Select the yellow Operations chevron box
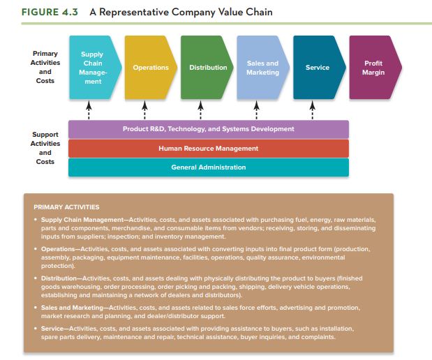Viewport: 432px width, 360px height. (x=149, y=68)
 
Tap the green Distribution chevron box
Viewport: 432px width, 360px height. (x=207, y=68)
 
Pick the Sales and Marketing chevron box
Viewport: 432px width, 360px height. (x=262, y=68)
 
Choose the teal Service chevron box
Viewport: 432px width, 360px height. (x=318, y=68)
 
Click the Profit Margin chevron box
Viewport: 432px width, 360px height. (x=373, y=68)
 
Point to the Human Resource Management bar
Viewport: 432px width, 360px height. (x=208, y=148)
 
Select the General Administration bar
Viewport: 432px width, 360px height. (x=208, y=167)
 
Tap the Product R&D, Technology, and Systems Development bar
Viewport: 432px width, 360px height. (x=208, y=129)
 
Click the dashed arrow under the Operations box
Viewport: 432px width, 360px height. (x=144, y=110)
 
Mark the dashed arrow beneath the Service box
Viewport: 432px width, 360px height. (x=313, y=110)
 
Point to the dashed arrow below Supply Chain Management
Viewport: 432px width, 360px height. (x=89, y=110)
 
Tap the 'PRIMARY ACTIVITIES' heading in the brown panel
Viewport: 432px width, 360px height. (x=66, y=207)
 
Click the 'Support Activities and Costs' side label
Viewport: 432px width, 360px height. (x=45, y=148)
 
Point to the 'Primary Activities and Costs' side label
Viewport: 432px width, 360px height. (x=45, y=67)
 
